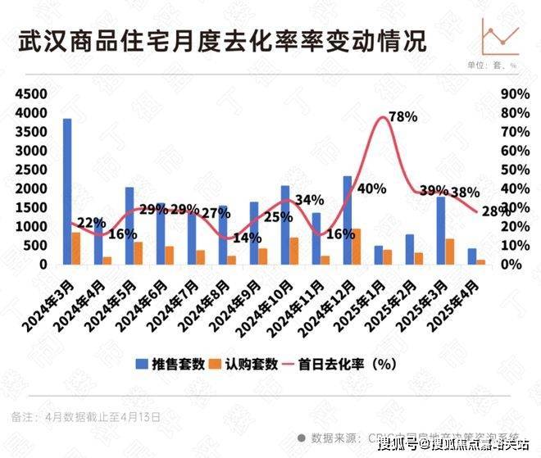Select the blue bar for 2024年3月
[x=67, y=192]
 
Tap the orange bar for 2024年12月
[x=357, y=247]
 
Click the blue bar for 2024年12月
[x=347, y=220]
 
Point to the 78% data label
[x=402, y=117]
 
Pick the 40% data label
[x=371, y=189]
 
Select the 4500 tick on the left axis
[x=30, y=94]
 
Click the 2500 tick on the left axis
[x=30, y=170]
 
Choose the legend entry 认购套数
[x=262, y=365]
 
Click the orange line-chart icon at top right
[x=500, y=35]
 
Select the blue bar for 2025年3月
[x=440, y=230]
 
